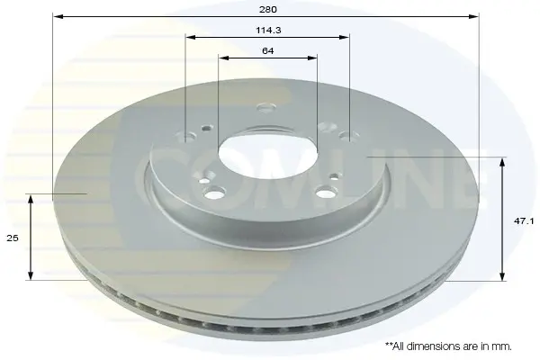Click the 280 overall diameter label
[x=268, y=9]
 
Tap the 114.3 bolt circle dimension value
[x=268, y=31]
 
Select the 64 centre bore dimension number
[x=268, y=51]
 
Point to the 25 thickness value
[x=13, y=238]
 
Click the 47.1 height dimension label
[x=524, y=221]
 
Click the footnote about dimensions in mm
[x=448, y=346]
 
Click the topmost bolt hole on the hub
[x=265, y=108]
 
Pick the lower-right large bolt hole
[x=326, y=193]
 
